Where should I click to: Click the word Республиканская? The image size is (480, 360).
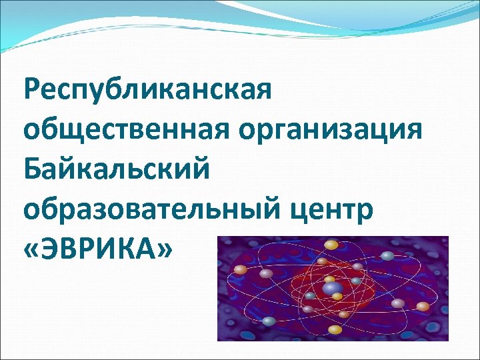147,90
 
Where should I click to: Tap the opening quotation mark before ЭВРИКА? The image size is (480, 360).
31,249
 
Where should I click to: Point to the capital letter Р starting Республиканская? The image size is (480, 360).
31,90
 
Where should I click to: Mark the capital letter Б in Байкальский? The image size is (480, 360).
31,169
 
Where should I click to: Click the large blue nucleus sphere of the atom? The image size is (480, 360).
332,287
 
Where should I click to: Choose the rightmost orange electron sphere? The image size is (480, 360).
423,306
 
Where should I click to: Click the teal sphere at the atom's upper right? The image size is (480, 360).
387,255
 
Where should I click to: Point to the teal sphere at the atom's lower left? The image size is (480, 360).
269,321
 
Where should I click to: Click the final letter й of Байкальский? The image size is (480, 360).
201,169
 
